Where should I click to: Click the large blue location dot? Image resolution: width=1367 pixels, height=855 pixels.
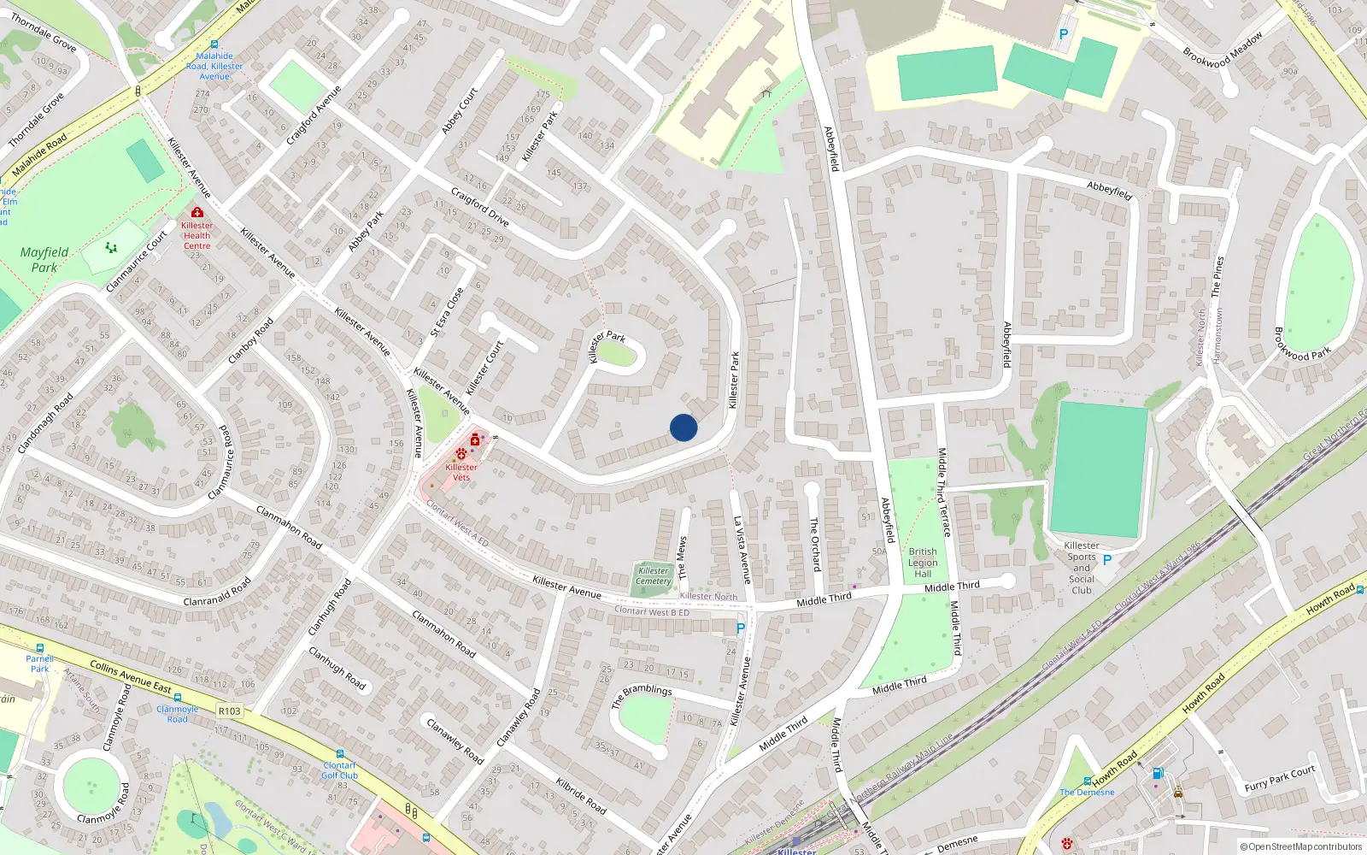[683, 427]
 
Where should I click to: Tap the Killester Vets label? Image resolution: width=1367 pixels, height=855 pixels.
[461, 472]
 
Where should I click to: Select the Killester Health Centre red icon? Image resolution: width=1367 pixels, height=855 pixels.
[197, 212]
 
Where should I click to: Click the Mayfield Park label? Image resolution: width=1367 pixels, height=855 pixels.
[44, 260]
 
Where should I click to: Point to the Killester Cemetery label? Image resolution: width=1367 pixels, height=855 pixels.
[654, 576]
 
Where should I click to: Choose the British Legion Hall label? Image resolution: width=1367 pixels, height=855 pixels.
[923, 563]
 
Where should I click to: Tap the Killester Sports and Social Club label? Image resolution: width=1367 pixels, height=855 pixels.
[1082, 568]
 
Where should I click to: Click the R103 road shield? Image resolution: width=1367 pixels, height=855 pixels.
[229, 711]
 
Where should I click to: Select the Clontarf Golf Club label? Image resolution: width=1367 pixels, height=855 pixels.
[340, 770]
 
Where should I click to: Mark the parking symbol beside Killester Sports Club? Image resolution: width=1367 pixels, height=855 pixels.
[1107, 560]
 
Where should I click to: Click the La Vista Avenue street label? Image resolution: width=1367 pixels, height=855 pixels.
[742, 549]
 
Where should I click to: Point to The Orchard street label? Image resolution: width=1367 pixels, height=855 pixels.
[815, 544]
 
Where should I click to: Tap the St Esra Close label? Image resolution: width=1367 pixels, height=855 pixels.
[447, 312]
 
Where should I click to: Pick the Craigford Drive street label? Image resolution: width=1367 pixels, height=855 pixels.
[479, 207]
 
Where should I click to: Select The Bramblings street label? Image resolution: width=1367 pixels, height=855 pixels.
[642, 695]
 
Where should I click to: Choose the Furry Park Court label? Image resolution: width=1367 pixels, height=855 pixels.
[1279, 779]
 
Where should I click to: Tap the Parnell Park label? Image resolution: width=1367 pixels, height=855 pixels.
[39, 663]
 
